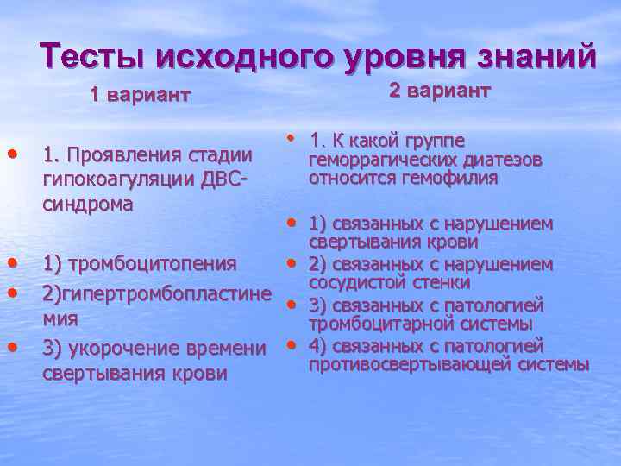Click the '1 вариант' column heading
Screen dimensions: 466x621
tap(140, 95)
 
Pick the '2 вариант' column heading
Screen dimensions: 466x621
tap(440, 91)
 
